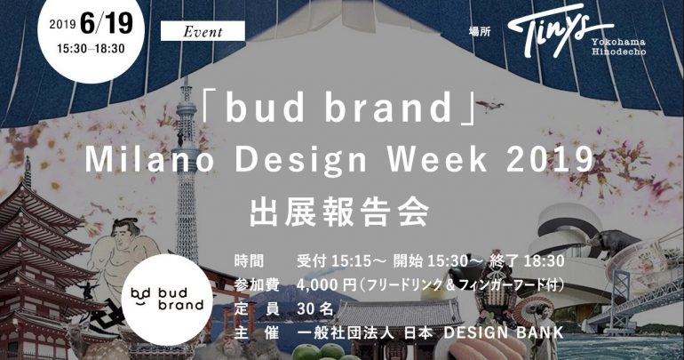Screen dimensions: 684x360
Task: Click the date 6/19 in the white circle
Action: coord(107,23)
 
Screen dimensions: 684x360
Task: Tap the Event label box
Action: coord(203,31)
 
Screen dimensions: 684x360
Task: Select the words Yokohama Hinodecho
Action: coord(618,46)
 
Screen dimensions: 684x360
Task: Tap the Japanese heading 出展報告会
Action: coord(339,212)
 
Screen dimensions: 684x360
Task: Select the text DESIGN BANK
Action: coord(504,332)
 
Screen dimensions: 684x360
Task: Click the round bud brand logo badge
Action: coord(168,300)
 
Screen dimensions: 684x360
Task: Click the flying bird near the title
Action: coord(489,106)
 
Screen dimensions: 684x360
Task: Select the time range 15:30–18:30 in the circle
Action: coord(91,48)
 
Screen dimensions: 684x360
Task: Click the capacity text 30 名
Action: coord(315,309)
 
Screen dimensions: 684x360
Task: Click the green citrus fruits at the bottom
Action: coord(321,352)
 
